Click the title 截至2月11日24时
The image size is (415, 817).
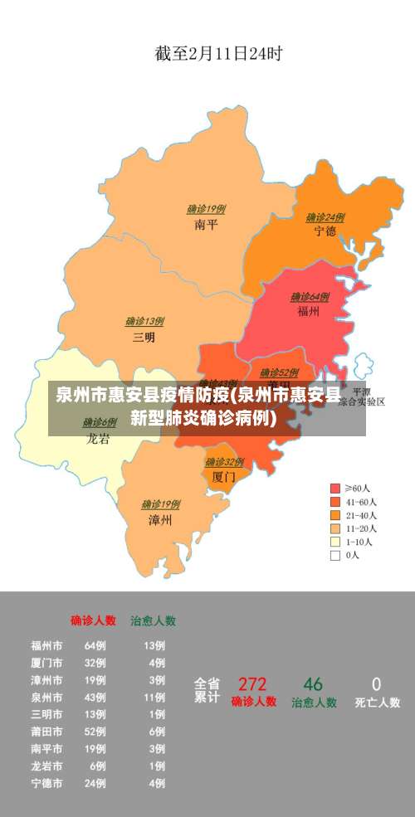tap(218, 55)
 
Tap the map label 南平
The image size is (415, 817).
tap(206, 224)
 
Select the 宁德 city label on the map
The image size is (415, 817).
tap(325, 231)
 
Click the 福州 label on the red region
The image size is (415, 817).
tap(309, 312)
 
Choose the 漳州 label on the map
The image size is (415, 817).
tap(160, 520)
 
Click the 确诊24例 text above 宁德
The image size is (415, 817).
tap(325, 217)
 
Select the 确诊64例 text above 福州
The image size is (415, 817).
tap(310, 297)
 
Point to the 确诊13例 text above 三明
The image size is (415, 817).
tap(144, 321)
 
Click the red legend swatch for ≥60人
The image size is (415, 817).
tap(335, 488)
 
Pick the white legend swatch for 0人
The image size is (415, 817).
tap(335, 556)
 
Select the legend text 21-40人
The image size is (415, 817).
tap(361, 515)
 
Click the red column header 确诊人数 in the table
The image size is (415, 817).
tap(93, 620)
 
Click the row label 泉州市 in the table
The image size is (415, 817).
tap(46, 698)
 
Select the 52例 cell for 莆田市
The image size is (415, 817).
tap(95, 732)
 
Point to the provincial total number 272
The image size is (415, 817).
tap(252, 684)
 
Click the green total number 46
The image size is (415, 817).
tap(313, 684)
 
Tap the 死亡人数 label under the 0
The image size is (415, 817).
tap(377, 703)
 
